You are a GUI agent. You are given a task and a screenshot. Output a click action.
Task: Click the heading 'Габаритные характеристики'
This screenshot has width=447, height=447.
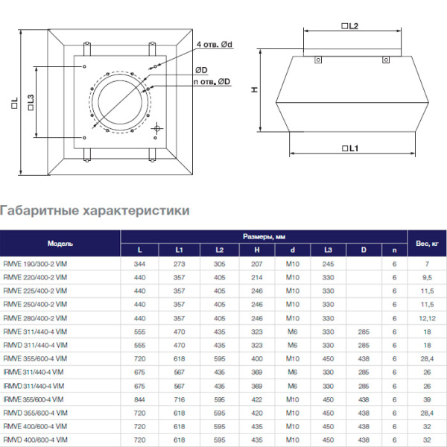pyautogui.click(x=95, y=211)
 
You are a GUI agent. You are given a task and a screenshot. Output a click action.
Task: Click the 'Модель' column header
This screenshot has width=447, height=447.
pyautogui.click(x=60, y=244)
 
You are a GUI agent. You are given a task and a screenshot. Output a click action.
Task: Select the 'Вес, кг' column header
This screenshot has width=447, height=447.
pyautogui.click(x=426, y=244)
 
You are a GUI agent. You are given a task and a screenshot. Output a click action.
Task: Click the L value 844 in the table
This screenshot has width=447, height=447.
pyautogui.click(x=139, y=399)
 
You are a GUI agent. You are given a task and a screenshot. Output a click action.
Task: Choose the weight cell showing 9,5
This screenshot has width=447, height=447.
pyautogui.click(x=427, y=278)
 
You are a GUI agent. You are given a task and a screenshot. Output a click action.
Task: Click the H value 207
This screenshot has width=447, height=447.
pyautogui.click(x=256, y=264)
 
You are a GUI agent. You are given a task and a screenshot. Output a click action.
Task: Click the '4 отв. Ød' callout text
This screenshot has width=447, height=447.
pyautogui.click(x=215, y=45)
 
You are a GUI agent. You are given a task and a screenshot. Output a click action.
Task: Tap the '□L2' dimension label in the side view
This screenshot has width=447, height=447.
pyautogui.click(x=350, y=26)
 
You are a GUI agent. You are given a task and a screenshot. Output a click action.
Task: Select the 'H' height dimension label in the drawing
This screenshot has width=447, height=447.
pyautogui.click(x=253, y=89)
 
